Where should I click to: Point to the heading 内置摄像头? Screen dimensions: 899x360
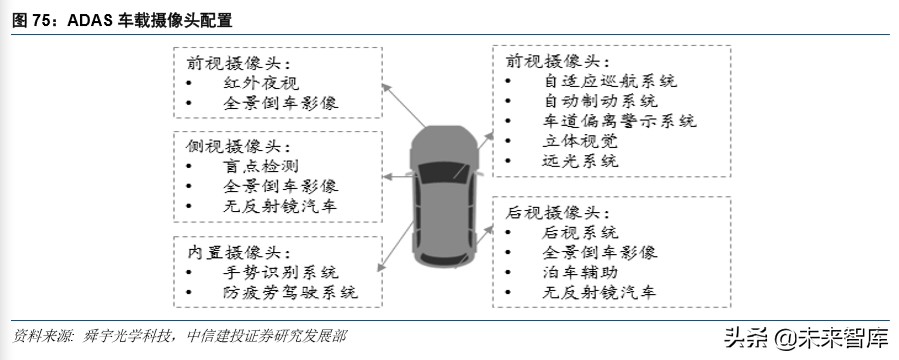(x=229, y=251)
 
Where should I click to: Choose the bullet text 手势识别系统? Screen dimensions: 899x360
(x=281, y=273)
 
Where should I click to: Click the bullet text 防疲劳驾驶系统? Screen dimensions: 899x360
(x=290, y=294)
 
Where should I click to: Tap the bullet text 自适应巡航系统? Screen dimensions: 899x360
(x=609, y=80)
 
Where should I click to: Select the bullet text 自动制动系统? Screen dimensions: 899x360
(x=600, y=101)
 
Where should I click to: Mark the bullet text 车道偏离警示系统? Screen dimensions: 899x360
(x=619, y=121)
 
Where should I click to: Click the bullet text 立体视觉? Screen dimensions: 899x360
(x=581, y=141)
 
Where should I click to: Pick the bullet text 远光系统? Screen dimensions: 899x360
(x=581, y=161)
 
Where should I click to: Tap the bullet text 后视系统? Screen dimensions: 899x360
(x=581, y=232)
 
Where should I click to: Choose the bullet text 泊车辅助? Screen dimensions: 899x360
(x=581, y=272)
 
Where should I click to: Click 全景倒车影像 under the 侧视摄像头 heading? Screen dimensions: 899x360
(x=281, y=186)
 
